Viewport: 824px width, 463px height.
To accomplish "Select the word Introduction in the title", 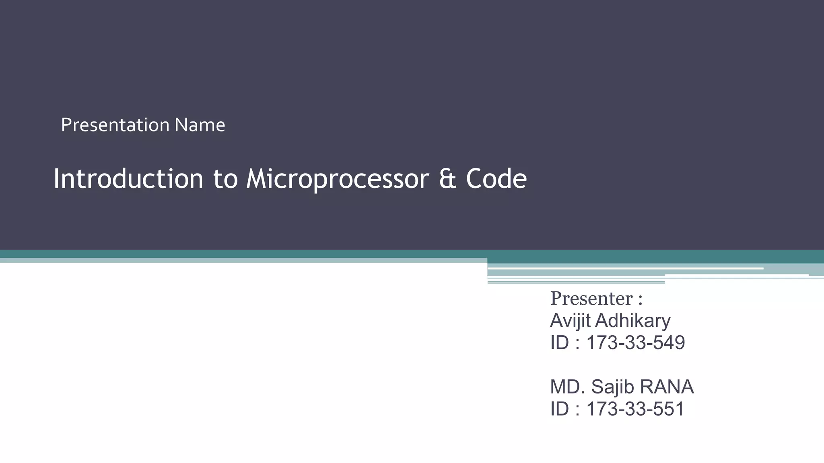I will [128, 178].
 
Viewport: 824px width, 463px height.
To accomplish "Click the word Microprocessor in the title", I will [338, 178].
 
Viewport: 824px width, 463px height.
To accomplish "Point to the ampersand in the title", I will [447, 179].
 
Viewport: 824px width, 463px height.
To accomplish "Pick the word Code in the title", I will [496, 178].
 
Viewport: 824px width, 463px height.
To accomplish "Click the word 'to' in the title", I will [225, 179].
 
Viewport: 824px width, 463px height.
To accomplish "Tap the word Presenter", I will [591, 299].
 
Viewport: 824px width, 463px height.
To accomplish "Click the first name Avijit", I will [570, 321].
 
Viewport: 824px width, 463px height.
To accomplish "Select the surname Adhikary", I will [633, 321].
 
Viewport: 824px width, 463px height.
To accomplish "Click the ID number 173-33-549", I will [635, 343].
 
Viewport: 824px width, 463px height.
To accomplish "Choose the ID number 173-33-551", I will [635, 409].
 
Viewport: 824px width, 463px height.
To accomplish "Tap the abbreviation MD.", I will [568, 387].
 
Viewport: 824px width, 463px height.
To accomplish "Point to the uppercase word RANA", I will [666, 387].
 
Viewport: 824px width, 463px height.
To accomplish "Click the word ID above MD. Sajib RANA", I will [559, 343].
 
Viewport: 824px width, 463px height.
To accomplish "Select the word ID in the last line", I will [559, 409].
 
